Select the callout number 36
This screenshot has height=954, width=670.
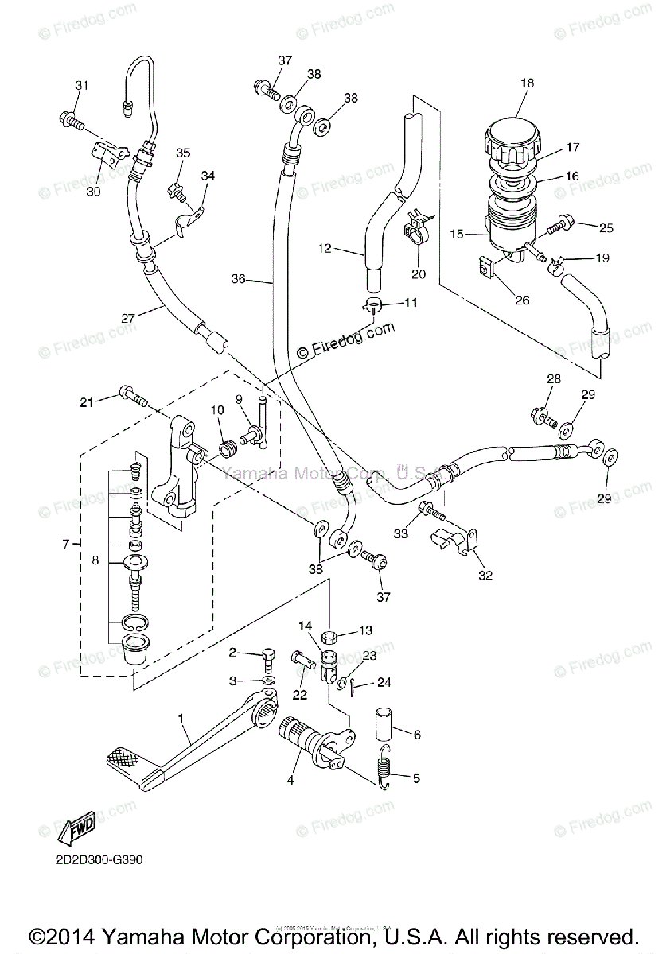238,279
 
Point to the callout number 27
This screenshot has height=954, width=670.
128,317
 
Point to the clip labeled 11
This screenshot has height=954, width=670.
372,305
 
